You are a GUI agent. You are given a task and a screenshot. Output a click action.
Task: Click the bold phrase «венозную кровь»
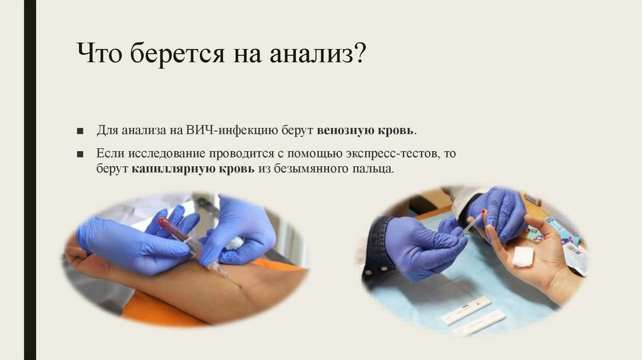click(x=365, y=131)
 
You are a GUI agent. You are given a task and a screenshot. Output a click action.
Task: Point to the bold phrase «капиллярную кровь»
click(x=193, y=169)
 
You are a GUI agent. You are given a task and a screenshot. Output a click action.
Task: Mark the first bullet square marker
click(x=80, y=132)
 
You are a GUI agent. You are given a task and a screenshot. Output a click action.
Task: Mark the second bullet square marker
click(x=80, y=154)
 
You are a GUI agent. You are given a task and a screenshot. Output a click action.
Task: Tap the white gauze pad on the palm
click(x=523, y=256)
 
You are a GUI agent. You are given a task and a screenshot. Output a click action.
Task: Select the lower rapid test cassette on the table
click(x=479, y=322)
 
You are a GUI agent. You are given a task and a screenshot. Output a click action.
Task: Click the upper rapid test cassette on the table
click(x=465, y=309)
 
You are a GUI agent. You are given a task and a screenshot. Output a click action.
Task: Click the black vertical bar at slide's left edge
click(x=29, y=180)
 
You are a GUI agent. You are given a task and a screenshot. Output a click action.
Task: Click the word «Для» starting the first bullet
click(x=107, y=131)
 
